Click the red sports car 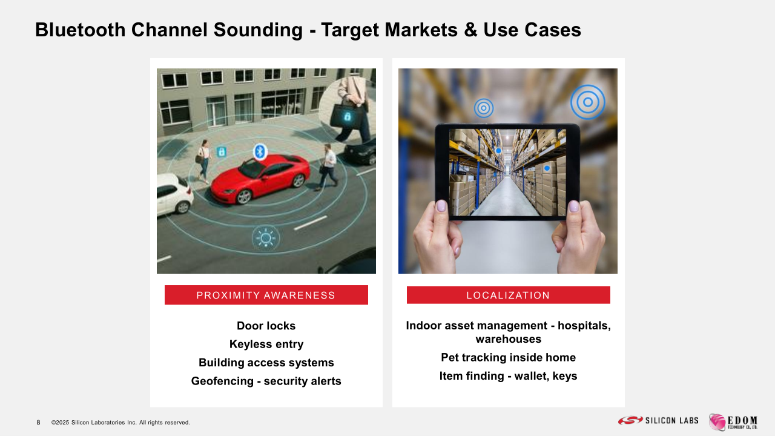point(260,179)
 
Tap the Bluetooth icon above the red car point(260,151)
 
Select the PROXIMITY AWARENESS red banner point(266,295)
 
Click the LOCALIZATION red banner point(508,295)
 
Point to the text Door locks point(266,326)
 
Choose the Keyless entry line point(266,345)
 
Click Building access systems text point(266,363)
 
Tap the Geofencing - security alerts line point(266,381)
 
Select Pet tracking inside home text point(508,357)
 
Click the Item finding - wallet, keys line point(508,376)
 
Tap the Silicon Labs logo point(658,420)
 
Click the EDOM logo point(733,422)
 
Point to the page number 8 point(38,423)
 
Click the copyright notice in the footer point(120,423)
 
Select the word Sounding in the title point(258,30)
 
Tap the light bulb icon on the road point(266,238)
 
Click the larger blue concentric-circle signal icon point(588,102)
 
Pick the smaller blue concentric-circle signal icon point(484,108)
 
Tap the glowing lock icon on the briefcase point(347,116)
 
